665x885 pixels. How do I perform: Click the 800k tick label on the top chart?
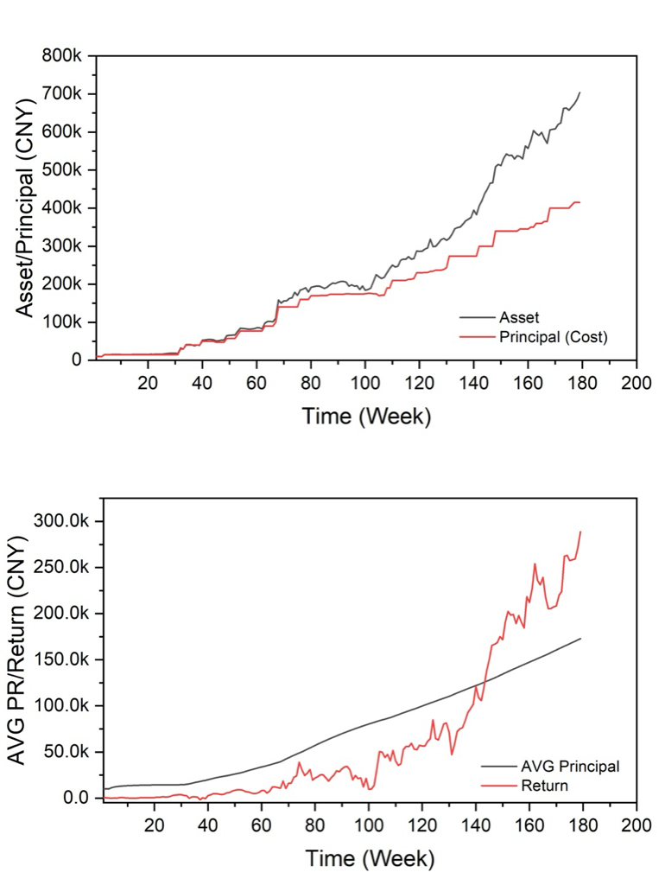click(61, 56)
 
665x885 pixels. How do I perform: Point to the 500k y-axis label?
click(61, 170)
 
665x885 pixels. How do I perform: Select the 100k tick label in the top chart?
click(61, 322)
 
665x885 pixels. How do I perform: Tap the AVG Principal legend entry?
click(570, 766)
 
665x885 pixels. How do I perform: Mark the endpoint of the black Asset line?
click(580, 92)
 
